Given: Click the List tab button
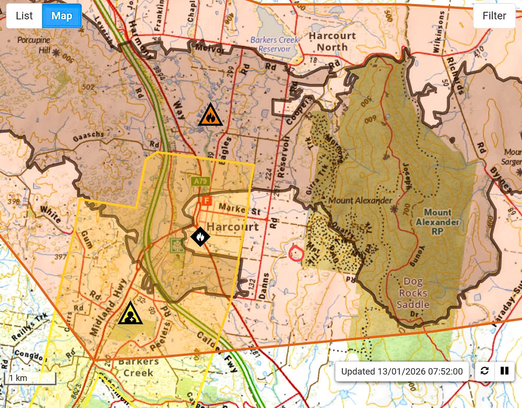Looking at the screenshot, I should click(24, 16).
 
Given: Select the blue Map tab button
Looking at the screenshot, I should click(62, 16).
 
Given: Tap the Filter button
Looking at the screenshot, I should click(494, 16).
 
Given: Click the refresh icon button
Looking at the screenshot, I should click(485, 371).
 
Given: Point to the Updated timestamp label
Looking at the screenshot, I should click(402, 371).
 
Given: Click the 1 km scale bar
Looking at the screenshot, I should click(30, 378).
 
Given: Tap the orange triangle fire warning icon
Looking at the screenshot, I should click(210, 115).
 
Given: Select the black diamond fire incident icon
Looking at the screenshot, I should click(200, 237).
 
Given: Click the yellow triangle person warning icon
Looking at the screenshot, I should click(130, 313).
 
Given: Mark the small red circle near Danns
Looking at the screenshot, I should click(296, 253).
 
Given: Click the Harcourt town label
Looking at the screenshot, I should click(233, 227).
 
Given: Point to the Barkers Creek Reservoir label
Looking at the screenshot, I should click(274, 44).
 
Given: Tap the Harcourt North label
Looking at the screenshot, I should click(332, 41).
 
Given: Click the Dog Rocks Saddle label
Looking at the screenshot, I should click(413, 293).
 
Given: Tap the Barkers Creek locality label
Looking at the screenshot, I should click(138, 367).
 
